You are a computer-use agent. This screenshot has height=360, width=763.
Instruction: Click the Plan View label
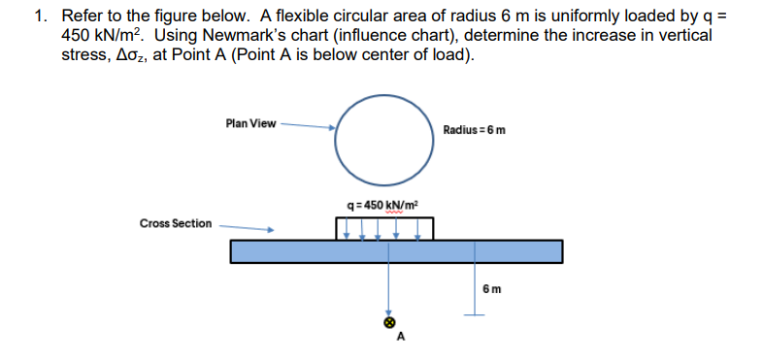coord(249,123)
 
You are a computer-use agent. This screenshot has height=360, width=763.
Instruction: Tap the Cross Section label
coord(175,223)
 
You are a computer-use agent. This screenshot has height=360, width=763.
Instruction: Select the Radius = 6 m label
coord(473,129)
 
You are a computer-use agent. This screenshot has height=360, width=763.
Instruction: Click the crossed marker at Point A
coord(390,320)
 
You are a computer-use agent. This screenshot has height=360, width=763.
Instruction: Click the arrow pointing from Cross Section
coord(245,229)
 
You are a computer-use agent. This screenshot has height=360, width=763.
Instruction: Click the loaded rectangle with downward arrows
coord(383,228)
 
